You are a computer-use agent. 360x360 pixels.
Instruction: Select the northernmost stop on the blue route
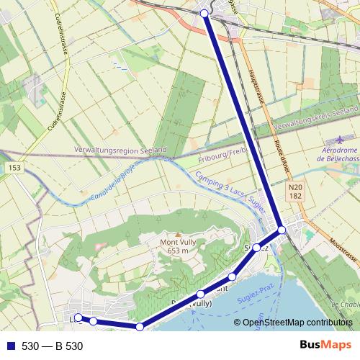[204, 14]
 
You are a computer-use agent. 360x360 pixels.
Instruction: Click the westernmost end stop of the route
[78, 318]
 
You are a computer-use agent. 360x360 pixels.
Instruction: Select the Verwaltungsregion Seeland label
[121, 150]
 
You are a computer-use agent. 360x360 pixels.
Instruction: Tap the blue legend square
[10, 346]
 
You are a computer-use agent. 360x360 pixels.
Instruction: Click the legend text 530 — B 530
[53, 346]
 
